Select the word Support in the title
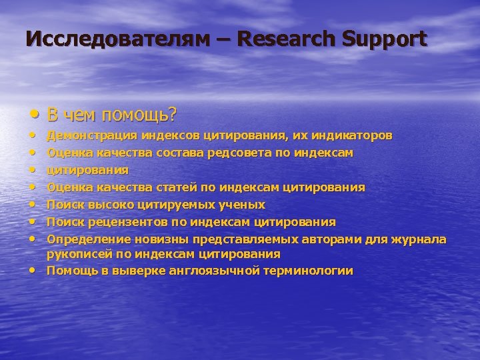(x=385, y=39)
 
